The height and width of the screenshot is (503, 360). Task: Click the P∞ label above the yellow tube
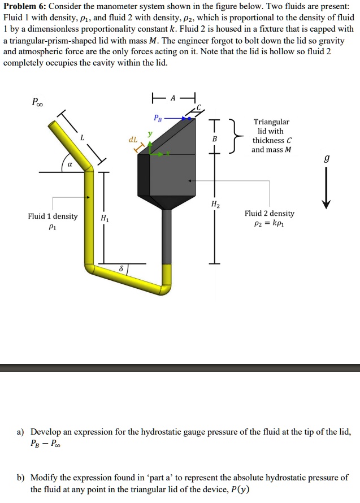37,103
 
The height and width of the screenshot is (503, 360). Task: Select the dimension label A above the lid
174,97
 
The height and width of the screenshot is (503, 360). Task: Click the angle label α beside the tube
68,165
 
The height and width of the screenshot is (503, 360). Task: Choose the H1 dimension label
105,218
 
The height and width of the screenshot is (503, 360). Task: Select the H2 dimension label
215,205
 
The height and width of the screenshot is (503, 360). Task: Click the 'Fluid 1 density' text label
53,216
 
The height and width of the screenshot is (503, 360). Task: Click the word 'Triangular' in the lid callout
271,122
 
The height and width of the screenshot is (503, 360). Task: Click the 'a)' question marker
20,431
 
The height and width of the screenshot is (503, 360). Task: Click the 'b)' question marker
20,478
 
